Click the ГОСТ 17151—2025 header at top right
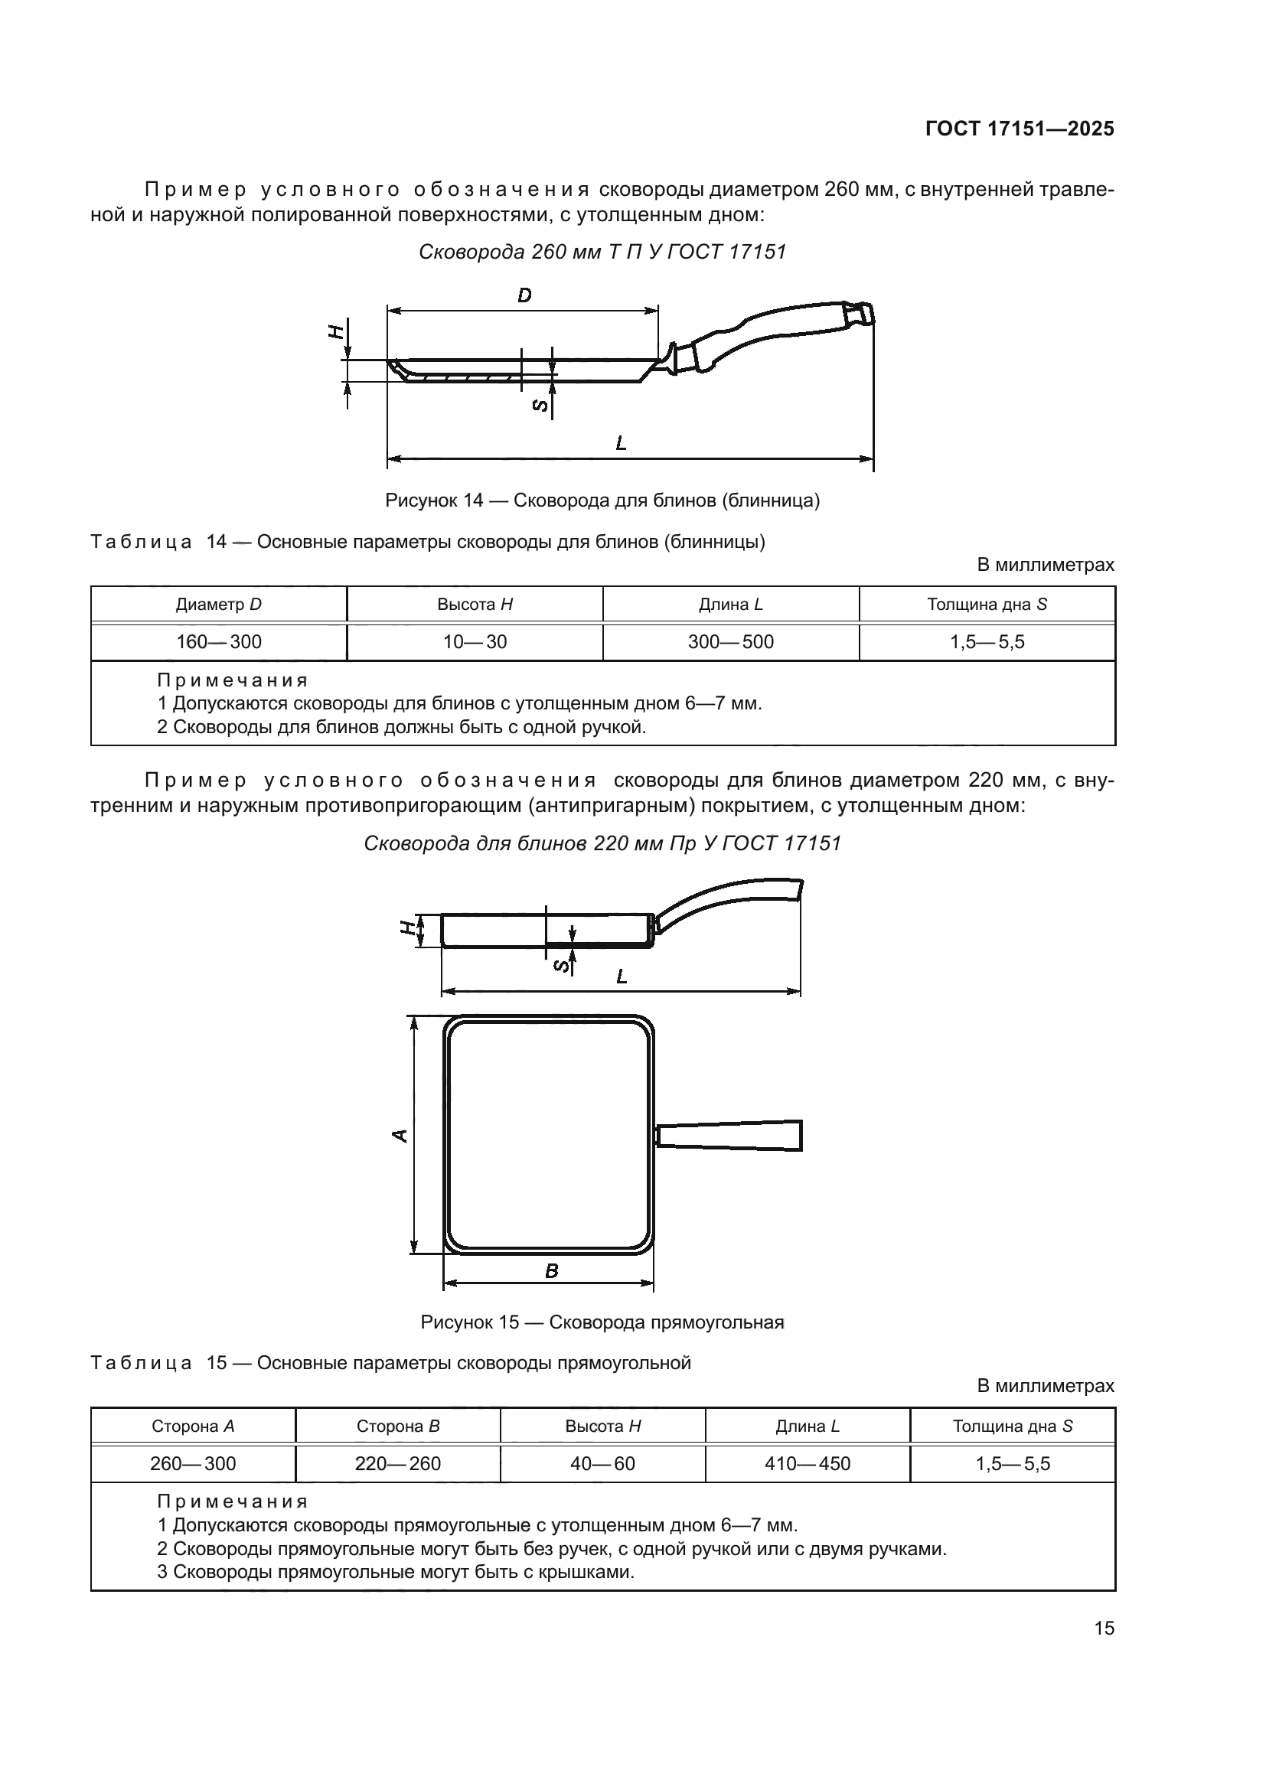1020,129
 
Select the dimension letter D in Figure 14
524,295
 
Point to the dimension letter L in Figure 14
622,444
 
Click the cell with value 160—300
218,641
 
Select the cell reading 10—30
475,641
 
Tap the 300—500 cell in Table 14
730,641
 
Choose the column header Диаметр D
218,605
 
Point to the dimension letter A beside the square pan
400,1136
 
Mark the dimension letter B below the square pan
551,1272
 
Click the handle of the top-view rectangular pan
729,1135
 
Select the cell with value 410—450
807,1463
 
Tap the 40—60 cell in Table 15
602,1463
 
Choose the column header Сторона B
397,1426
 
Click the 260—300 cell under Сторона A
193,1463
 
